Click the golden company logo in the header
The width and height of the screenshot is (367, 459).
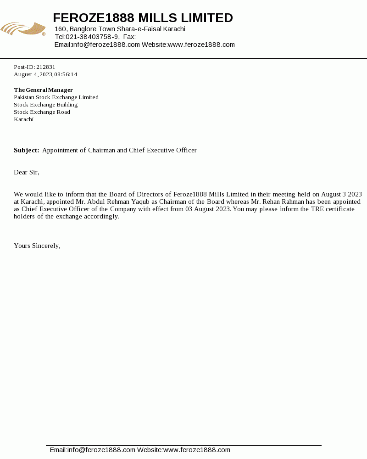[23, 29]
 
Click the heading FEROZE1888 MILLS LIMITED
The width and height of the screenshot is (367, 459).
[143, 18]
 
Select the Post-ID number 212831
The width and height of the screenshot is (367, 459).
[46, 67]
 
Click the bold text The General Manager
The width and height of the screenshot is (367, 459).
[44, 90]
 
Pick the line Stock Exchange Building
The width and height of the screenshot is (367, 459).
[46, 105]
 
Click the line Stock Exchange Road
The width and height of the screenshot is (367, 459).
[42, 112]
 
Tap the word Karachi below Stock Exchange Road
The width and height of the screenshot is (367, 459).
[24, 119]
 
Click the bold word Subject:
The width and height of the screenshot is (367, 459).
[27, 150]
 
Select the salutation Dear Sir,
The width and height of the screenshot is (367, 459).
[27, 172]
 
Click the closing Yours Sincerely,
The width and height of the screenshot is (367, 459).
[37, 246]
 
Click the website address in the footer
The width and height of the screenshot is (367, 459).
[197, 450]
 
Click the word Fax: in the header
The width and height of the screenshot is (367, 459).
[129, 37]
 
